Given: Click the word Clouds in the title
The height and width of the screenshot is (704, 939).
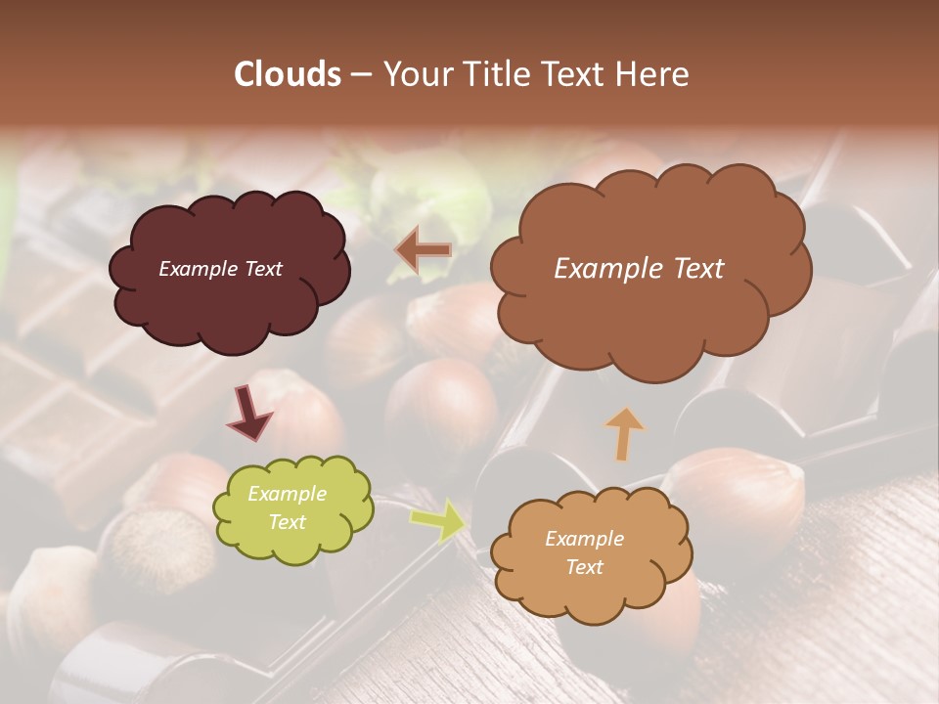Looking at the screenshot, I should point(288,74).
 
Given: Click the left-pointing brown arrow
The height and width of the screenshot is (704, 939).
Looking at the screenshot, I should point(424,250).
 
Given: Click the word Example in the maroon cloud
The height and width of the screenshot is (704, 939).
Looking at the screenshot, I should point(197,269).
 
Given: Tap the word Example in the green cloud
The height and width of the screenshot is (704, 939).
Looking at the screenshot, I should point(288,494).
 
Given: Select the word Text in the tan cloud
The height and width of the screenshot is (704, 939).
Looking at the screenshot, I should point(585,567).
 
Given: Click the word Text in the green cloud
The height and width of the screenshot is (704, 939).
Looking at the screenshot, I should point(288,522).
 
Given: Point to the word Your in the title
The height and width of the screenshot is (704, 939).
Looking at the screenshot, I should point(416,74).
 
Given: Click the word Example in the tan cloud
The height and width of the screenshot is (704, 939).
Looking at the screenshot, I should point(585,539).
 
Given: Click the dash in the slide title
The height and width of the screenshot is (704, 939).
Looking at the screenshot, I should point(360,75).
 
